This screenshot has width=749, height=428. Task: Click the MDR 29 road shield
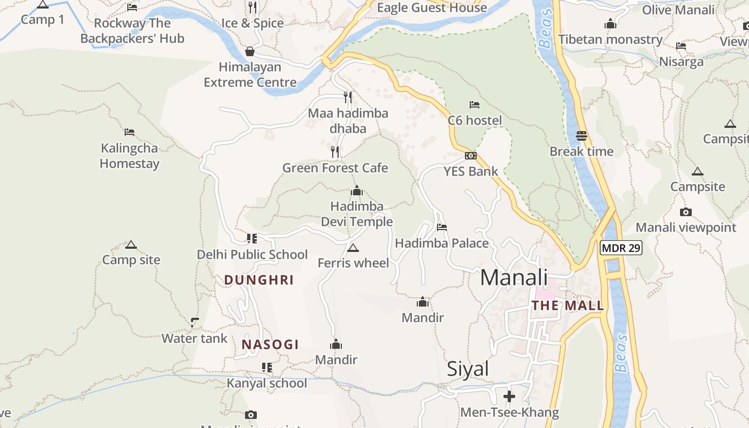pyautogui.click(x=621, y=248)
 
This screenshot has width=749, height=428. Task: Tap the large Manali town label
pyautogui.click(x=514, y=278)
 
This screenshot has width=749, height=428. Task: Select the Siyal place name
pyautogui.click(x=468, y=369)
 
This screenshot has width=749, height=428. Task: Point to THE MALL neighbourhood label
pyautogui.click(x=567, y=306)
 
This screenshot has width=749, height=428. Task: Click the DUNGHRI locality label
pyautogui.click(x=259, y=280)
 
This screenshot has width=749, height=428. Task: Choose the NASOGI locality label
pyautogui.click(x=270, y=345)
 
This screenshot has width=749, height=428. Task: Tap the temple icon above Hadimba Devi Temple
pyautogui.click(x=357, y=191)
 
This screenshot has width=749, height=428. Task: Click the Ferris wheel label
pyautogui.click(x=353, y=263)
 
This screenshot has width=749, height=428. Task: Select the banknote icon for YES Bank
pyautogui.click(x=471, y=156)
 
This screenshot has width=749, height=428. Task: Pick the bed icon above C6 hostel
pyautogui.click(x=474, y=105)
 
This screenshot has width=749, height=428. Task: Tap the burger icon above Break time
pyautogui.click(x=582, y=136)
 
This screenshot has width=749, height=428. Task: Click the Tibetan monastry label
pyautogui.click(x=610, y=40)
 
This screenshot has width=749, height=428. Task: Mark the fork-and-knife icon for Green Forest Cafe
pyautogui.click(x=335, y=152)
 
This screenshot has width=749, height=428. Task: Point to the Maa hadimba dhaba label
pyautogui.click(x=348, y=121)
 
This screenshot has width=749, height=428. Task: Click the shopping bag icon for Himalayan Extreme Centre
pyautogui.click(x=250, y=51)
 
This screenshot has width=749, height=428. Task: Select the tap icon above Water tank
pyautogui.click(x=195, y=323)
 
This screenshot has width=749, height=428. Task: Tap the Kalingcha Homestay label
pyautogui.click(x=129, y=156)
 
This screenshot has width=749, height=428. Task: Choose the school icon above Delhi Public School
pyautogui.click(x=252, y=239)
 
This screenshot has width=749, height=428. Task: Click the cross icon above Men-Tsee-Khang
pyautogui.click(x=509, y=396)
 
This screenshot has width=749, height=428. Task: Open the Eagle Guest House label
pyautogui.click(x=432, y=7)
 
